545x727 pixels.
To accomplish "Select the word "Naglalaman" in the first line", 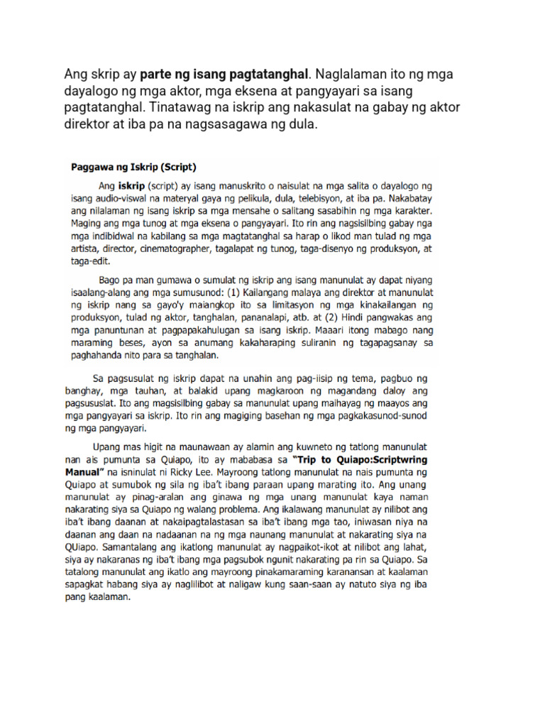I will [349, 74].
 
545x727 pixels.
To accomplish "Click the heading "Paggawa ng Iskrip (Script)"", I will [134, 168].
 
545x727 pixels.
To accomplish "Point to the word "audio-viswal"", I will [126, 201].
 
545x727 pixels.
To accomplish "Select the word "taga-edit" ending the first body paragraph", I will [92, 261].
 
